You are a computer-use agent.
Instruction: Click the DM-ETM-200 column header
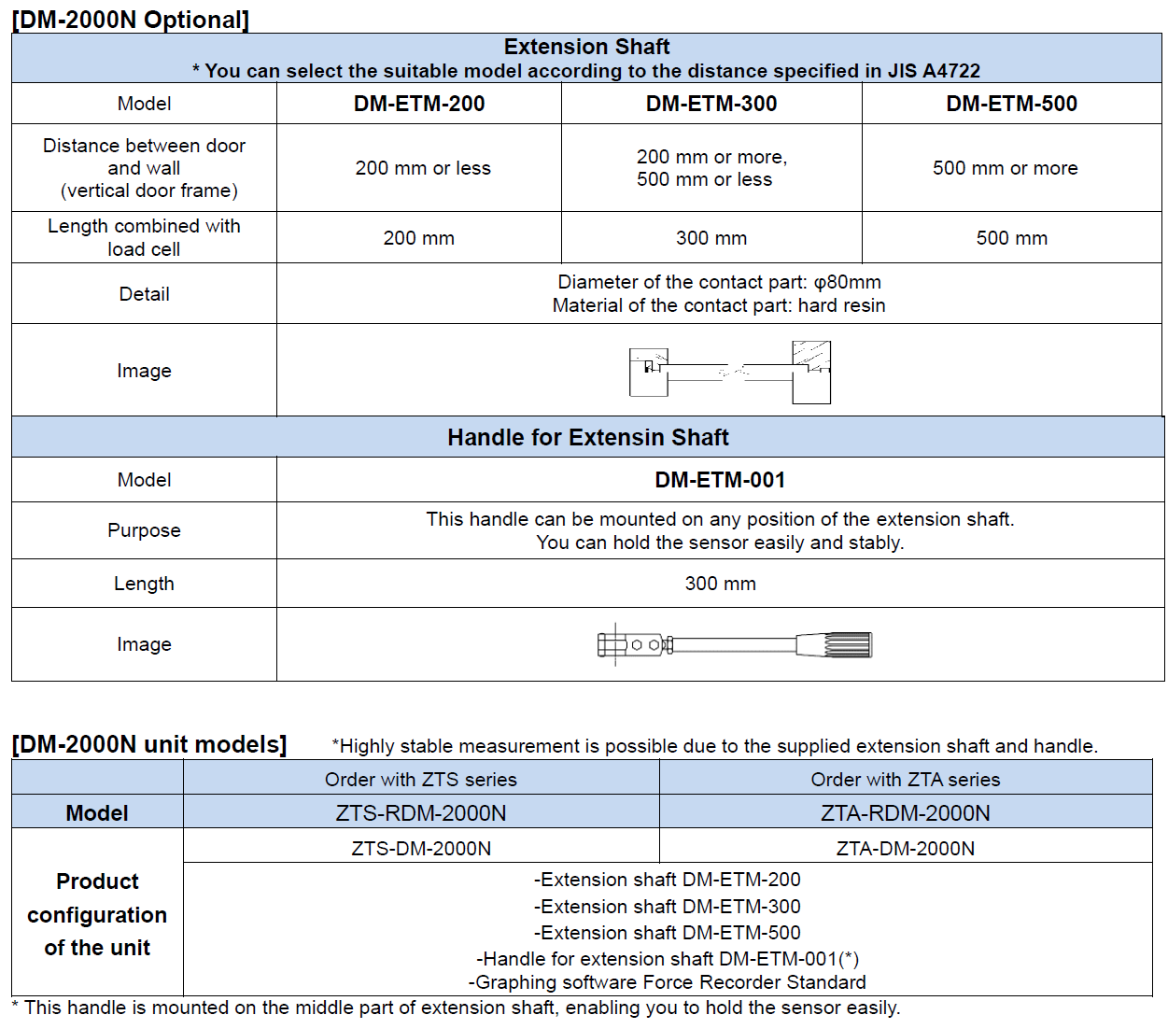[x=419, y=104]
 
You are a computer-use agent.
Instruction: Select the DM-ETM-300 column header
[x=711, y=104]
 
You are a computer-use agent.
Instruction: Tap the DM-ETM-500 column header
[x=1011, y=104]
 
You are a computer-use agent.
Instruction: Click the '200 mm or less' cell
[x=423, y=168]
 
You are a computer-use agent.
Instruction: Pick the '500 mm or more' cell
[x=1005, y=168]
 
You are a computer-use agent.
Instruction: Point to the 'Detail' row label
[x=144, y=294]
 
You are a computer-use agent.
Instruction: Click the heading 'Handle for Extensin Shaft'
[x=587, y=437]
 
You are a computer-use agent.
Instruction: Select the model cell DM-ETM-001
[x=720, y=480]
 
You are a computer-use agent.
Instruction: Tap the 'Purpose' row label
[x=144, y=530]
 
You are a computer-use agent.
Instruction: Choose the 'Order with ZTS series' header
[x=420, y=780]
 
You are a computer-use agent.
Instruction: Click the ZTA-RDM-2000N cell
[x=905, y=813]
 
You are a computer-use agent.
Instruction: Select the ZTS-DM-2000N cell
[x=421, y=848]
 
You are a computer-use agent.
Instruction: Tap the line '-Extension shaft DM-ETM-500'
[x=667, y=932]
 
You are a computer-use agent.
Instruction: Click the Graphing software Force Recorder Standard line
[x=667, y=982]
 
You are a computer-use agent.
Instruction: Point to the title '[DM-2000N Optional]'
[x=131, y=20]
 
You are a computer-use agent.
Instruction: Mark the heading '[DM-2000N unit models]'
[x=149, y=744]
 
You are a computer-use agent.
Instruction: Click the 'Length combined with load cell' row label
[x=144, y=237]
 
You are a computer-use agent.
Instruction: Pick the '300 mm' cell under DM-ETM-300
[x=711, y=238]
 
